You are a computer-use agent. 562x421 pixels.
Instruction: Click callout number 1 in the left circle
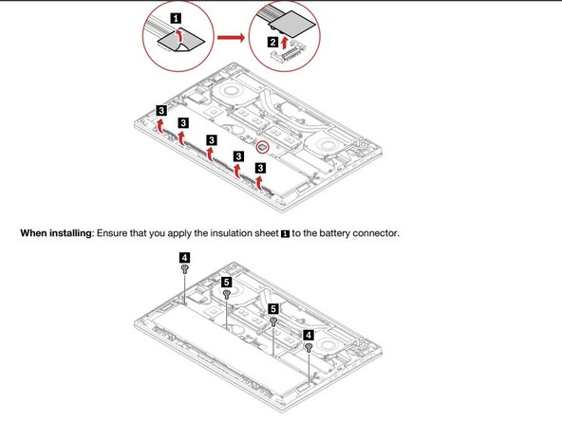(175, 17)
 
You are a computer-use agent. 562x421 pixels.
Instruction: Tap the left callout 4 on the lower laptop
(183, 256)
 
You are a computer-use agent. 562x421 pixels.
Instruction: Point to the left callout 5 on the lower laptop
(227, 282)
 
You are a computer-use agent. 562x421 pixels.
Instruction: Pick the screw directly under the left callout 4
(183, 269)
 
